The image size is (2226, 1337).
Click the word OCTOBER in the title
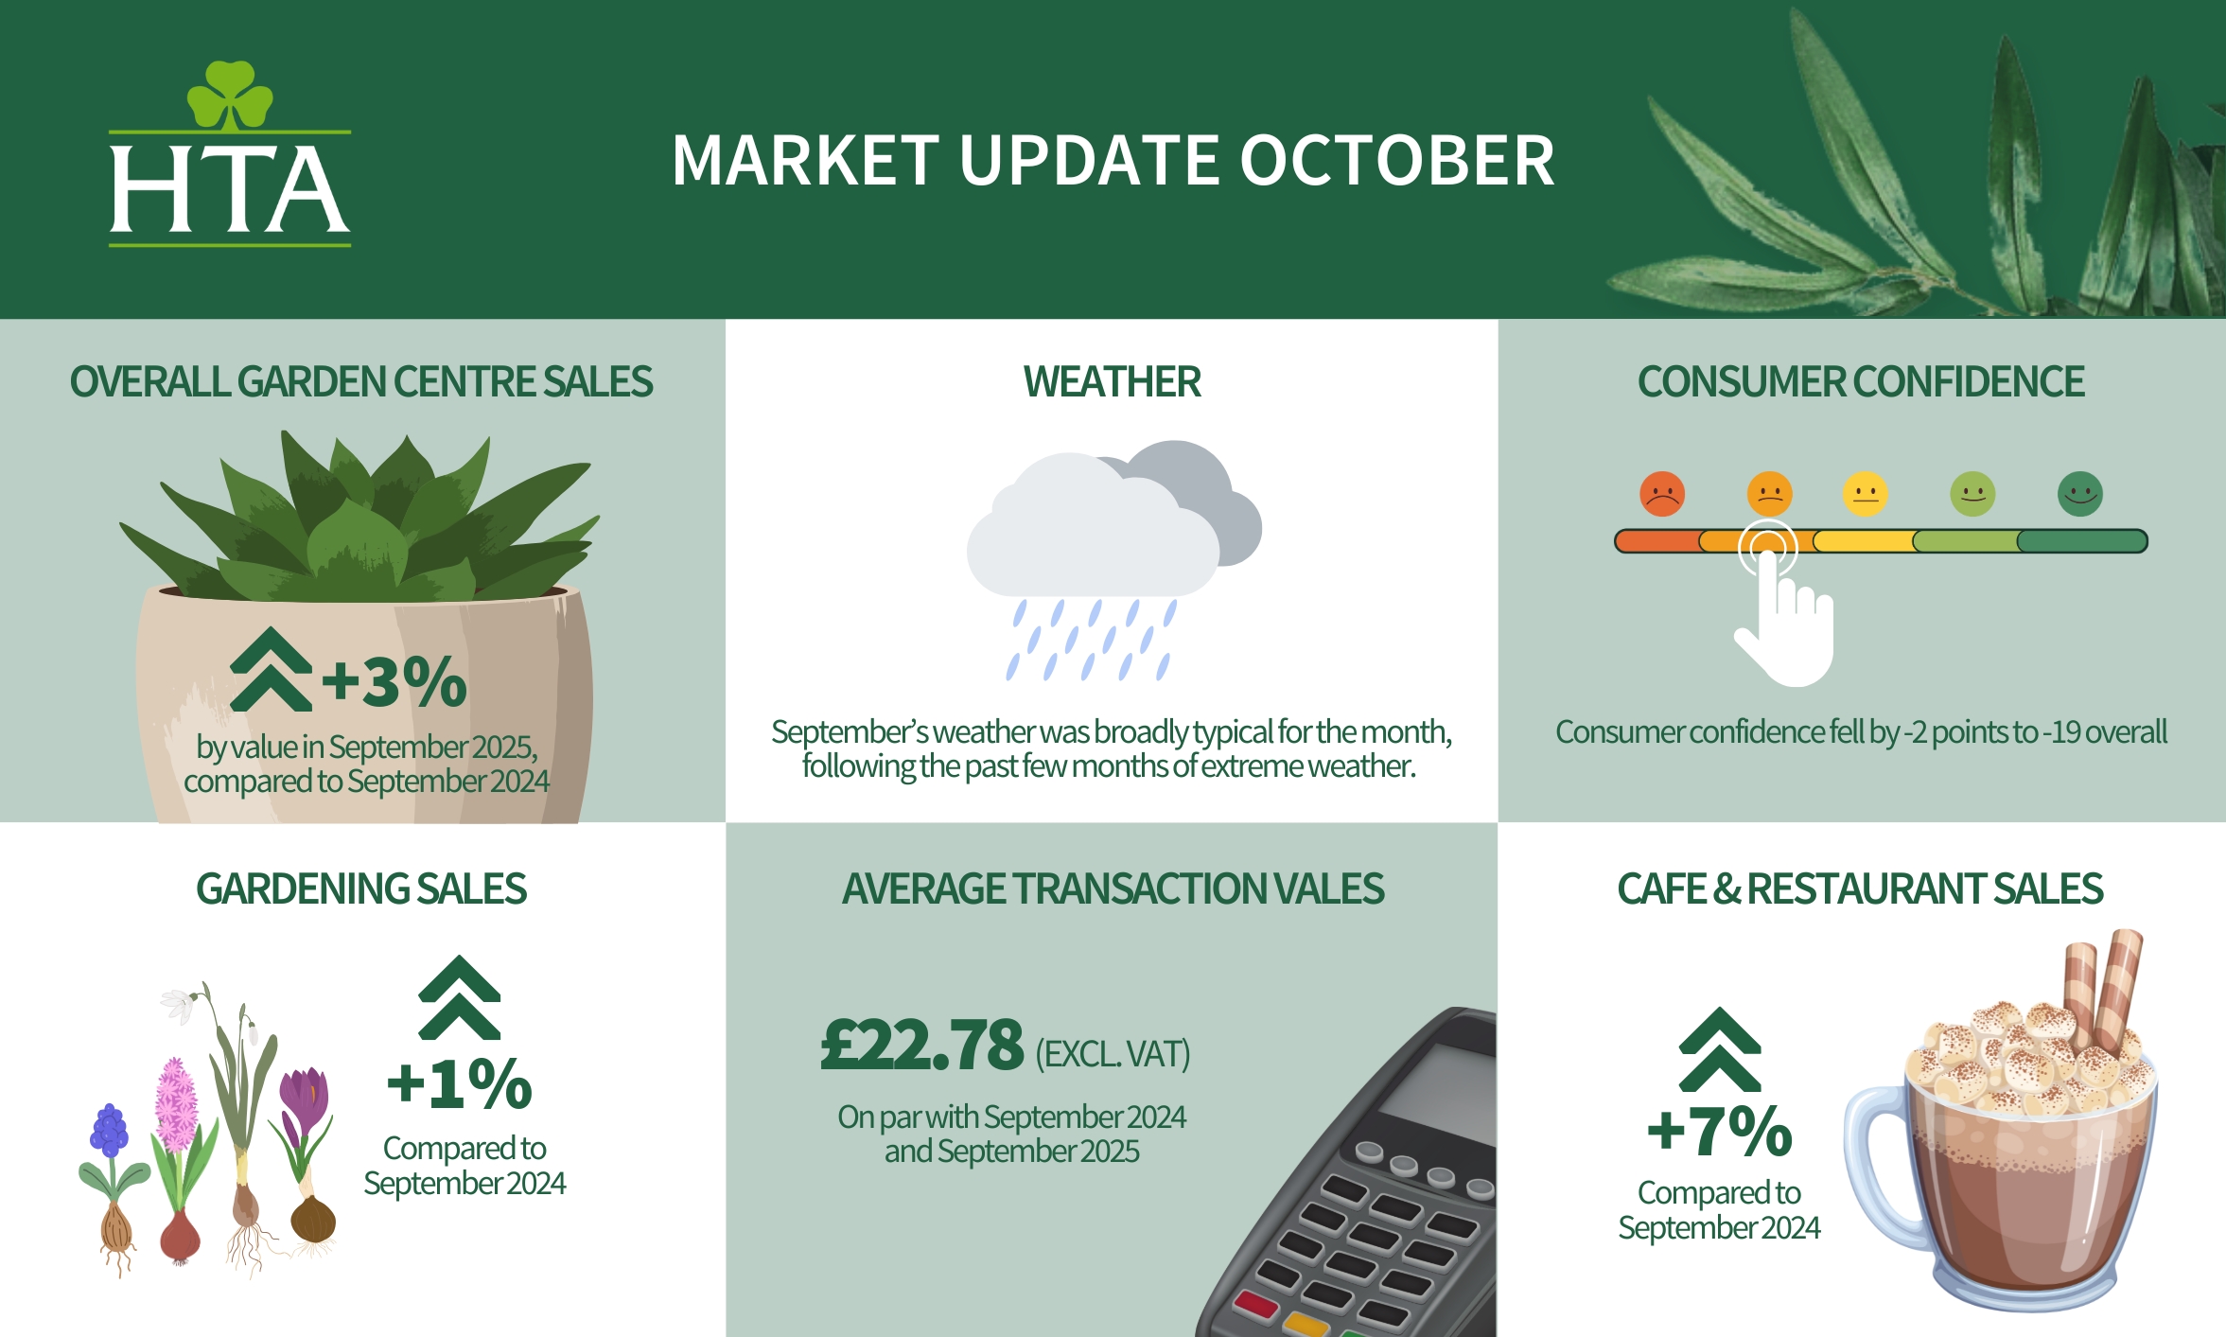pos(1397,160)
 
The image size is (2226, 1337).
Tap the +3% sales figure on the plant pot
pos(394,680)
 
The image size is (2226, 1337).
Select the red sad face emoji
pos(1662,494)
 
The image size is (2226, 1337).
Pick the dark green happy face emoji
pos(2080,494)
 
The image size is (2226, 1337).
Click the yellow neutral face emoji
pos(1866,494)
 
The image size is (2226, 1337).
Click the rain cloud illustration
pos(1113,558)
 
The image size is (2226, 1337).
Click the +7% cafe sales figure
pos(1720,1131)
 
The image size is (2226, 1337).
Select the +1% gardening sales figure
pos(460,1083)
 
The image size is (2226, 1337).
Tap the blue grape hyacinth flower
pos(109,1131)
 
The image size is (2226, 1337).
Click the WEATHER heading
pos(1113,382)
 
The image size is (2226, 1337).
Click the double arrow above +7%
pos(1720,1049)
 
